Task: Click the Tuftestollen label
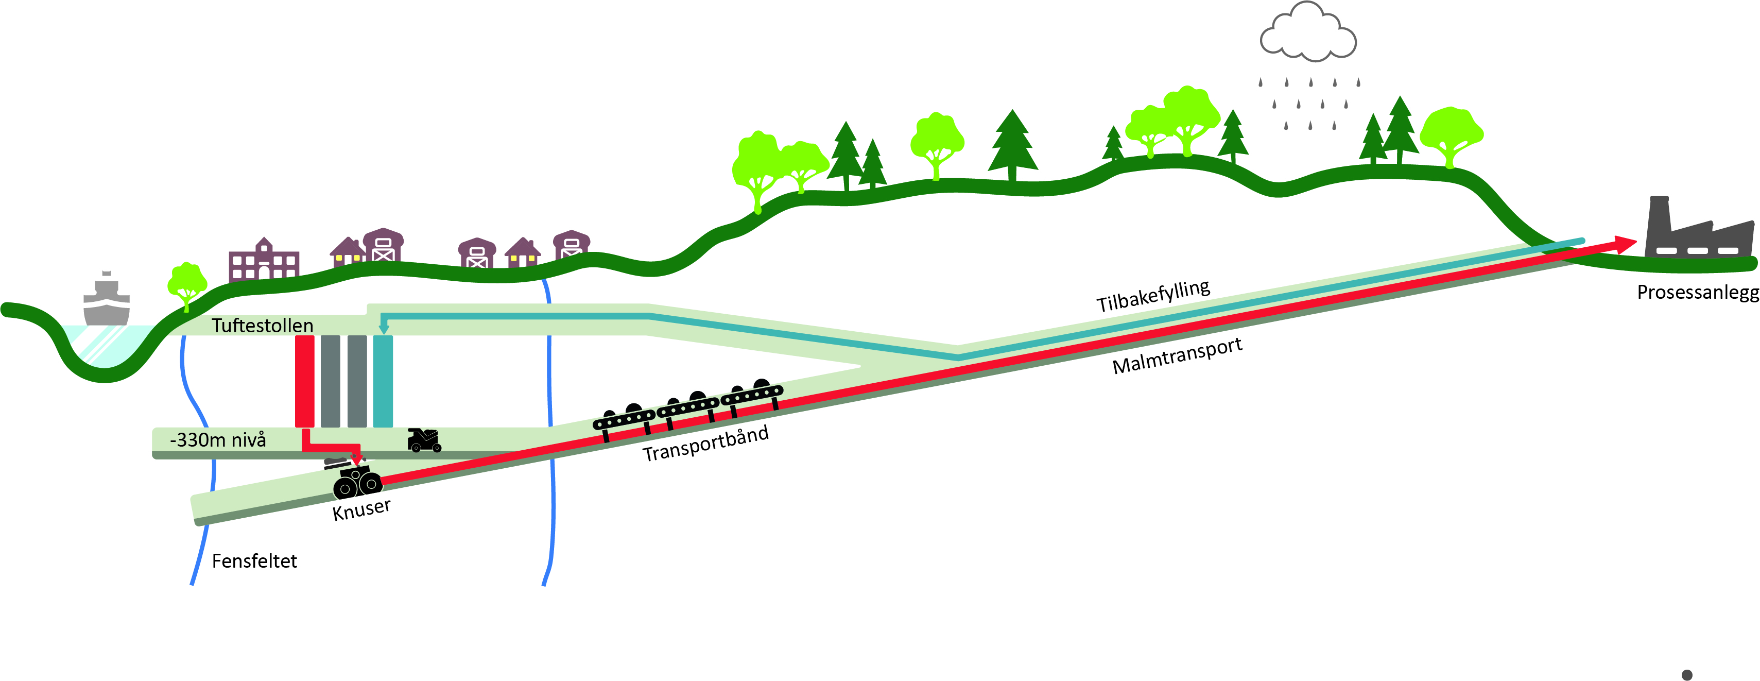tap(263, 326)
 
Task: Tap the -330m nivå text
tap(217, 439)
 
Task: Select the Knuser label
tap(361, 509)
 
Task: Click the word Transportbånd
tap(706, 444)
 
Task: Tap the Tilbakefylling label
tap(1153, 295)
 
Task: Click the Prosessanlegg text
tap(1697, 293)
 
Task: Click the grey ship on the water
tap(106, 300)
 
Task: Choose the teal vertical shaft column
tap(383, 381)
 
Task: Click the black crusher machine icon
tap(357, 481)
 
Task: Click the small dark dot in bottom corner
tap(1687, 675)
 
